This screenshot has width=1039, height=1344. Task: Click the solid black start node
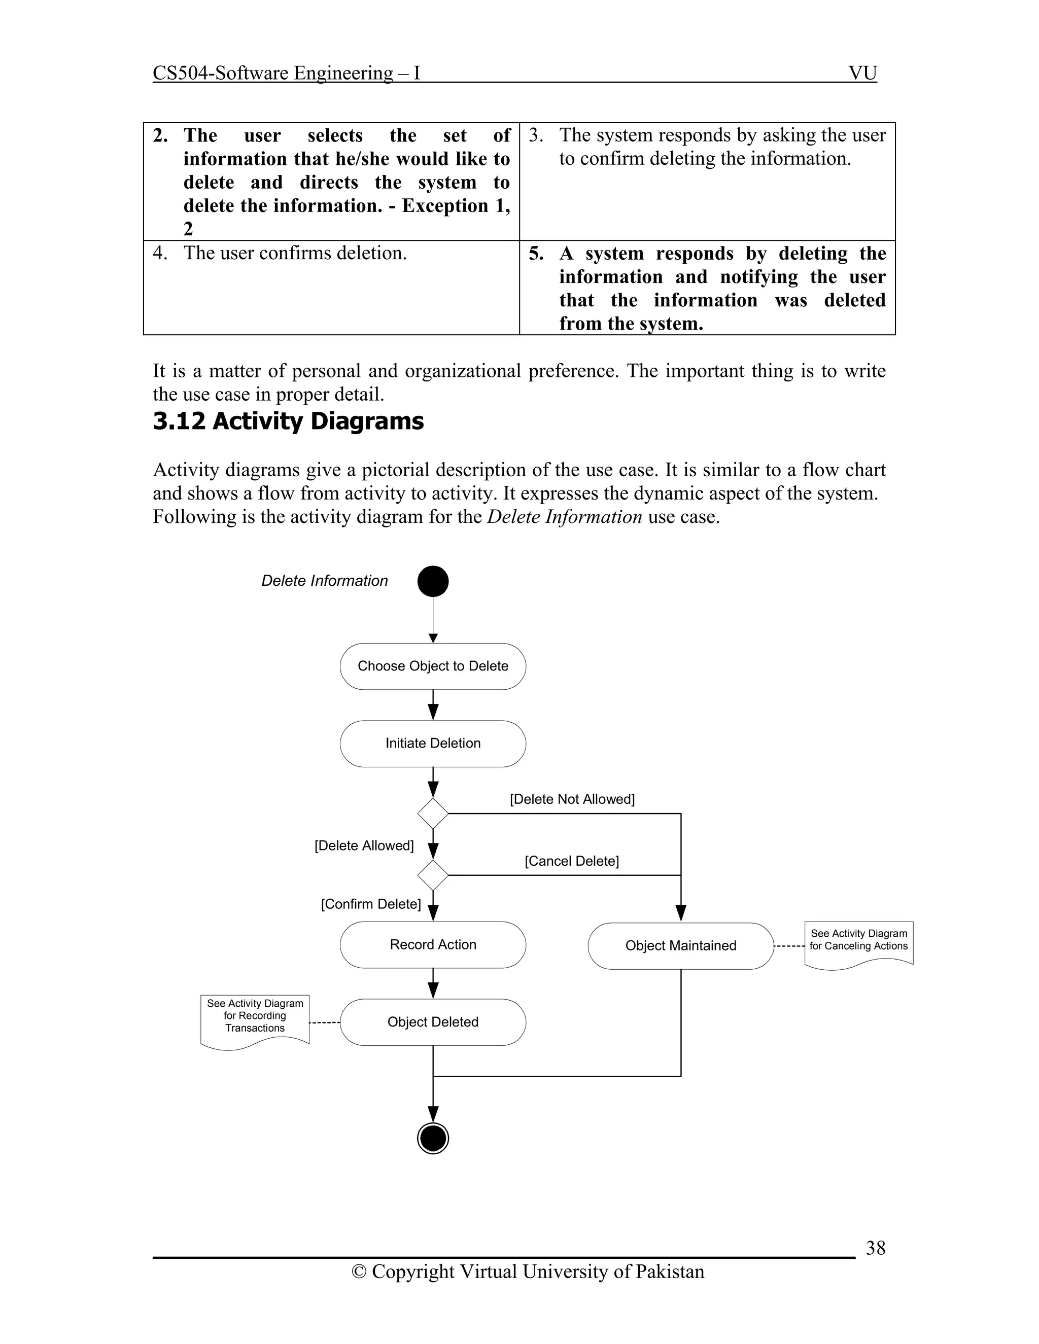433,581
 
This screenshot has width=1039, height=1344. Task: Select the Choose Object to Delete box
433,666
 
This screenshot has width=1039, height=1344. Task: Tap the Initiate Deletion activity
433,744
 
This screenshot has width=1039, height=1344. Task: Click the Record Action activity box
433,945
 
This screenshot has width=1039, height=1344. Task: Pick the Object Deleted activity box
433,1022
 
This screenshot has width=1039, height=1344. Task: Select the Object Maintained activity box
680,946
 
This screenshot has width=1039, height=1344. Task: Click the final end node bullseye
433,1138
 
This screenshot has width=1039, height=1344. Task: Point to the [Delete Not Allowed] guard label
572,799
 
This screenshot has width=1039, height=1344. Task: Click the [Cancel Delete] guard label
572,861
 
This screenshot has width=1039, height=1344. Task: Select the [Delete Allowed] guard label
364,845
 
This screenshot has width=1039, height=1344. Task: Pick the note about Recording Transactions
255,1019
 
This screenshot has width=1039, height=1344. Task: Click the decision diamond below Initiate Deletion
433,814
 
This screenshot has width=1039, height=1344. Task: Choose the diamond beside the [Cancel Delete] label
433,875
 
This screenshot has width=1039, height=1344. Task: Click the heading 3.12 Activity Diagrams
288,421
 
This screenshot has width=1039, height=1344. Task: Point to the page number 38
875,1248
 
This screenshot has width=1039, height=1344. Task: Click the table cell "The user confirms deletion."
295,253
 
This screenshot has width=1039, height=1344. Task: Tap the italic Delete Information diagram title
324,581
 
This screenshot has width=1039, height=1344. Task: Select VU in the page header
862,73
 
